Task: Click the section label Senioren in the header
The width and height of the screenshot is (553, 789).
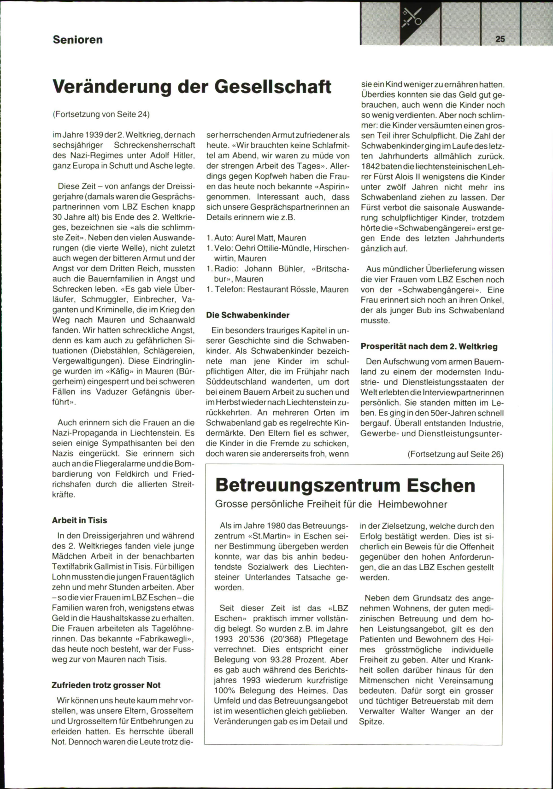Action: [77, 40]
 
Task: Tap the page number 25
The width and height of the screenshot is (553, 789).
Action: [500, 39]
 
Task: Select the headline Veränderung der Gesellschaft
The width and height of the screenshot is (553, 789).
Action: [192, 86]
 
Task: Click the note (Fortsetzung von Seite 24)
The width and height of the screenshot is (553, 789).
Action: [101, 114]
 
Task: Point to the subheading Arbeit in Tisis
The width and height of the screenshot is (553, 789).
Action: [79, 520]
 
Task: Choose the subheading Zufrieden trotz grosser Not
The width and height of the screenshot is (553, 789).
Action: [106, 685]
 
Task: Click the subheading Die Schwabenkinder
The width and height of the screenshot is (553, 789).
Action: [247, 315]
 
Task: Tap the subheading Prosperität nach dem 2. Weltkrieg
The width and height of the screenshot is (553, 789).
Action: [429, 346]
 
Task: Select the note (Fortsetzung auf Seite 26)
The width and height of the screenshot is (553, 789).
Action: [455, 454]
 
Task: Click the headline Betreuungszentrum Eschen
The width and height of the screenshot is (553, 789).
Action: [345, 485]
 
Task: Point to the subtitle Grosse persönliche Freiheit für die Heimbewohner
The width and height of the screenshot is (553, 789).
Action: [331, 504]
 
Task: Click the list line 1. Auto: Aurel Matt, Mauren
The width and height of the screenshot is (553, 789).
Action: [256, 238]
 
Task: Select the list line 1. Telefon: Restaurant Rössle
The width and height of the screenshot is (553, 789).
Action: [277, 289]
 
